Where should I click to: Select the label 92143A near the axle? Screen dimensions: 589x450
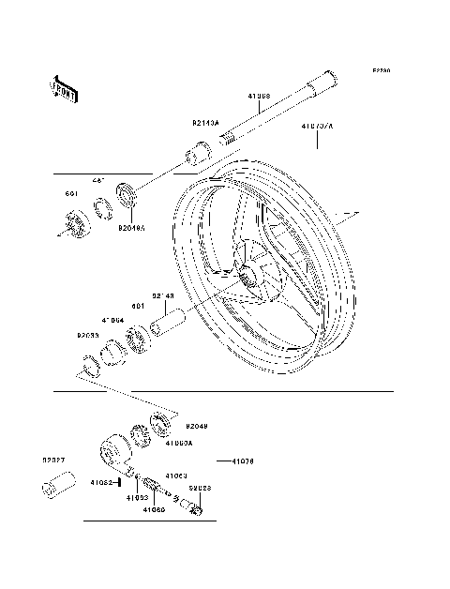click(x=205, y=123)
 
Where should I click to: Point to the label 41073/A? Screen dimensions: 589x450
click(x=317, y=123)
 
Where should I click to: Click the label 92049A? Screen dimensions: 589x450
click(x=131, y=226)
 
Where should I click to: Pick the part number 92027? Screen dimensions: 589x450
click(x=53, y=460)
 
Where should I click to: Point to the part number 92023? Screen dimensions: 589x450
click(x=200, y=489)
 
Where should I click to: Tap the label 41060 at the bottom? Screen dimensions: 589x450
click(x=155, y=510)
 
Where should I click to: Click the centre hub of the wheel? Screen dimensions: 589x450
click(x=247, y=279)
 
